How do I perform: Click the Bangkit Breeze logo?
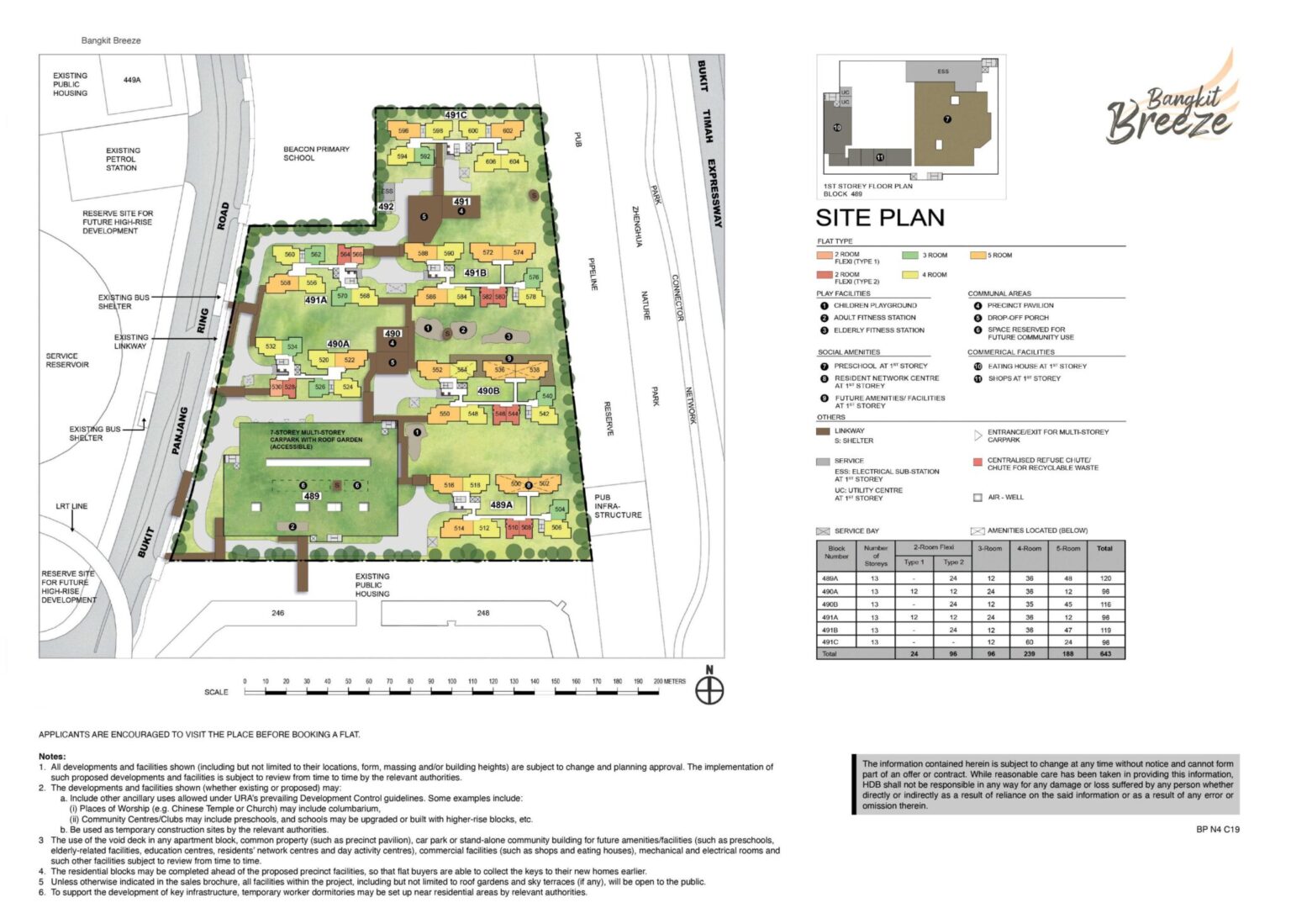(x=1172, y=107)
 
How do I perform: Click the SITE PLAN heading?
(x=879, y=219)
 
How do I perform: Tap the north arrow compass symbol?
(x=709, y=689)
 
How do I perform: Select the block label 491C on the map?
(x=456, y=115)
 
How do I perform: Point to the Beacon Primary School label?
(x=316, y=154)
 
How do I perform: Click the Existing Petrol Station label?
(x=123, y=159)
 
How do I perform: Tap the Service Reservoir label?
(x=67, y=361)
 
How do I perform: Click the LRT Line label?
(x=71, y=506)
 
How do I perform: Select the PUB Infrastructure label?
(x=618, y=506)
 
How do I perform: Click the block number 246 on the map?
(x=277, y=613)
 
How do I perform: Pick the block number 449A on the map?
(x=132, y=80)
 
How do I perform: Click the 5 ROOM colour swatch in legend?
(x=977, y=255)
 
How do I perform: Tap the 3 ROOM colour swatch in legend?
(x=909, y=255)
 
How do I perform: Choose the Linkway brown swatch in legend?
(x=823, y=431)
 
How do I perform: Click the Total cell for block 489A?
(x=1105, y=578)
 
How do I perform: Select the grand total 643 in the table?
(x=1105, y=654)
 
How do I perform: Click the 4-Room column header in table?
(x=1029, y=548)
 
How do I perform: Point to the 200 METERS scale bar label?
(x=669, y=682)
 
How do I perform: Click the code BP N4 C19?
(x=1217, y=830)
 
